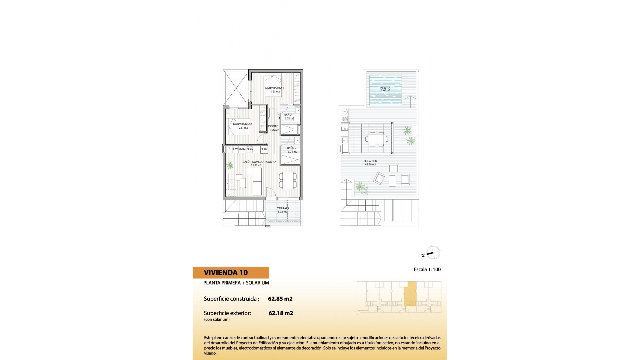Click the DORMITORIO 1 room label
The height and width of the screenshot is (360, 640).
[274, 88]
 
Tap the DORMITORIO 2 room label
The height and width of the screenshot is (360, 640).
[242, 124]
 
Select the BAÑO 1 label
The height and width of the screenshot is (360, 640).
[289, 115]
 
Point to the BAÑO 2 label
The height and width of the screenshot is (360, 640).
[292, 148]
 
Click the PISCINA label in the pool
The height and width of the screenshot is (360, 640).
[385, 88]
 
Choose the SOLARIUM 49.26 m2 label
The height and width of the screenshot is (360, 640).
[370, 161]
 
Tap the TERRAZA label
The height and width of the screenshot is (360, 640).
[283, 208]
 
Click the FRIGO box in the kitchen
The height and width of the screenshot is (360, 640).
[264, 149]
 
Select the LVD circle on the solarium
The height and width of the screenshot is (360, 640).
[345, 111]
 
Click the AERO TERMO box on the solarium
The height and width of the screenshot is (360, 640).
[345, 119]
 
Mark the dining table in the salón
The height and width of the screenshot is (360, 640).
[287, 180]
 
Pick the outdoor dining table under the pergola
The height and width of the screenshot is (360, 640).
[377, 138]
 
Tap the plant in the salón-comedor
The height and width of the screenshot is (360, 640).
[230, 165]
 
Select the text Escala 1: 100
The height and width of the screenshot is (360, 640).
[427, 270]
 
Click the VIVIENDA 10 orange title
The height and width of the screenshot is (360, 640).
[226, 273]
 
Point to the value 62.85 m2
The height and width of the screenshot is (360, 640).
[280, 299]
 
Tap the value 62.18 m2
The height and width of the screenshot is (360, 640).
[281, 313]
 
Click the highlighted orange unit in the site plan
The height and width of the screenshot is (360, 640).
[410, 293]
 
